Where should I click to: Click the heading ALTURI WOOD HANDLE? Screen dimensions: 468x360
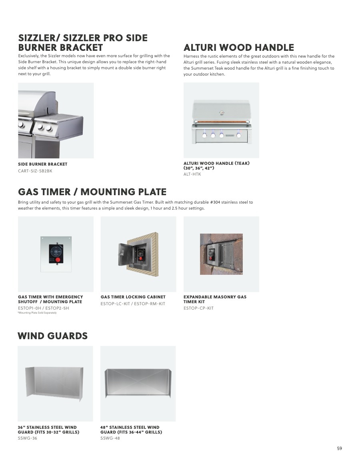[238, 48]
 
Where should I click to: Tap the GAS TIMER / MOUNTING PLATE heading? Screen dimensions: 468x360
[92, 192]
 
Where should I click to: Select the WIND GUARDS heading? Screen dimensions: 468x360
[52, 336]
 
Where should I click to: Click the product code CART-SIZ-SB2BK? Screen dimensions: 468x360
[35, 171]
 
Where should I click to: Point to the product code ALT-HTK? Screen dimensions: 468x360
[192, 174]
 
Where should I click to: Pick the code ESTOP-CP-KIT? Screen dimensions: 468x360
[198, 308]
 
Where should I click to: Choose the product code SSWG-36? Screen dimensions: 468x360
[28, 438]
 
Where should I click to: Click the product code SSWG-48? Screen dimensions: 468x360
[110, 438]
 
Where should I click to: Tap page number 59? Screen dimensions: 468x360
[339, 448]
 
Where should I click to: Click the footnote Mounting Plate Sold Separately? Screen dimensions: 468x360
[37, 313]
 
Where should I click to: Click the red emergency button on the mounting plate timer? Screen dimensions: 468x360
[58, 260]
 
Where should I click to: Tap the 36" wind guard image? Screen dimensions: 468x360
[54, 383]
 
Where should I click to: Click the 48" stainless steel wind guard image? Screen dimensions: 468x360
[138, 383]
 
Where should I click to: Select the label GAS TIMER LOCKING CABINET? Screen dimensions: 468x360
[133, 297]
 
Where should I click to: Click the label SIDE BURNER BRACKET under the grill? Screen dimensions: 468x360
[43, 164]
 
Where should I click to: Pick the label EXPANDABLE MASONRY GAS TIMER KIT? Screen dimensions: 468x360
[215, 299]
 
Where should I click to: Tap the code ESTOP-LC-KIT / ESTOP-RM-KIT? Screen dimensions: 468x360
[133, 304]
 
